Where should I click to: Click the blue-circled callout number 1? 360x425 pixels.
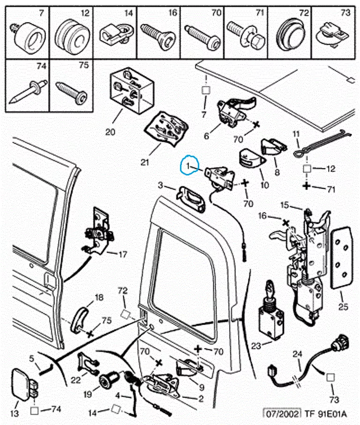[x=188, y=166]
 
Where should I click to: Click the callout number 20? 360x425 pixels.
[x=110, y=132]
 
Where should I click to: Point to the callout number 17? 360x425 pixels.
[x=122, y=255]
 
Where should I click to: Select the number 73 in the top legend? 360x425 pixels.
[x=345, y=13]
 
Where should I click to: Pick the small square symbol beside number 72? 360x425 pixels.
[x=125, y=313]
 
